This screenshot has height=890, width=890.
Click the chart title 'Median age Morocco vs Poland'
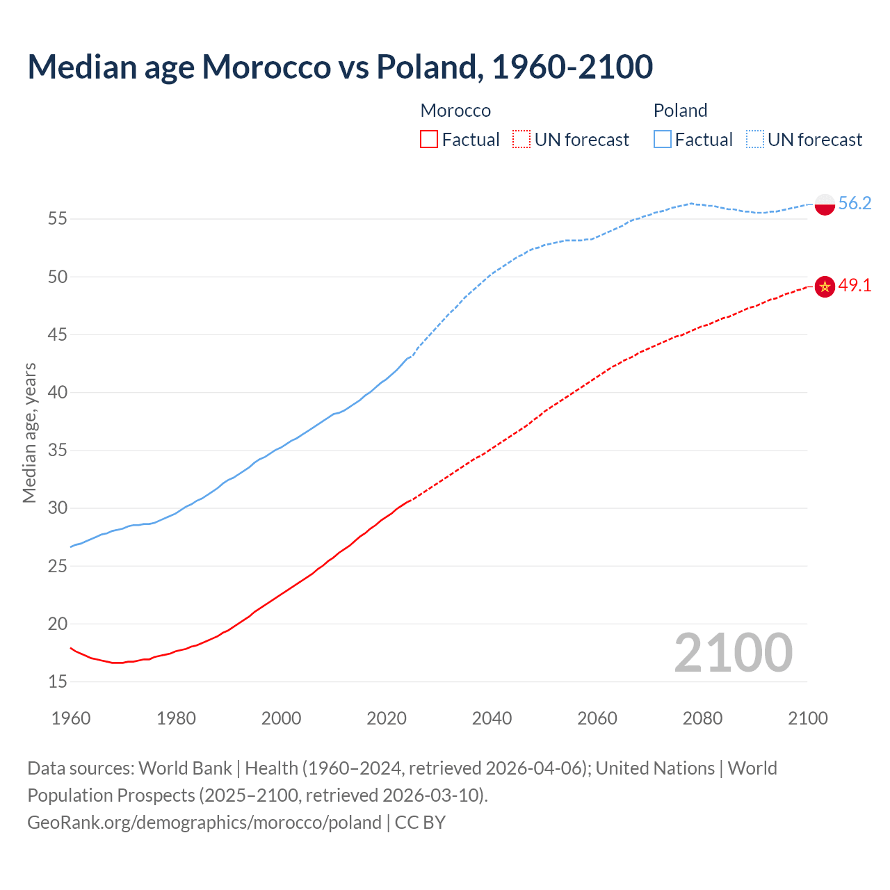click(340, 67)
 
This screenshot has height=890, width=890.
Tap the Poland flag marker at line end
click(825, 204)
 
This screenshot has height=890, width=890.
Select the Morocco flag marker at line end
click(825, 286)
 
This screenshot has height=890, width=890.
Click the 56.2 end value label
click(855, 203)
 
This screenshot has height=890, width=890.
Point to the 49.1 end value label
click(855, 286)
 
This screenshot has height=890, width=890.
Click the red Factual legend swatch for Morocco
click(429, 140)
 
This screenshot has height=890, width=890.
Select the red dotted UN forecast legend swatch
click(521, 140)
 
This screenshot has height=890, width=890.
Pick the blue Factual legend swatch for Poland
click(663, 140)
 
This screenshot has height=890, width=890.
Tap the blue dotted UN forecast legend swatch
click(755, 140)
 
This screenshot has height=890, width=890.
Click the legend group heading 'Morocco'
click(455, 111)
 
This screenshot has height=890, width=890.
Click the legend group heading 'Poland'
click(680, 111)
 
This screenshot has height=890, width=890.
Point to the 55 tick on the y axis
click(58, 219)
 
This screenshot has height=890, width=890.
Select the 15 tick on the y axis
click(58, 682)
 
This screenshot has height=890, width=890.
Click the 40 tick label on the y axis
click(58, 393)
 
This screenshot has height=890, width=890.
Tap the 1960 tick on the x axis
click(71, 718)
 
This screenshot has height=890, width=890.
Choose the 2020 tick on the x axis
click(387, 718)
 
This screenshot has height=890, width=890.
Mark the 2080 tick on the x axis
click(702, 718)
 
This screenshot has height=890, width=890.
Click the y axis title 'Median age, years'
click(29, 432)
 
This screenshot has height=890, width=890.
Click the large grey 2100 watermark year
click(733, 652)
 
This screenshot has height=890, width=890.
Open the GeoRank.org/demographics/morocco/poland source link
click(204, 823)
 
